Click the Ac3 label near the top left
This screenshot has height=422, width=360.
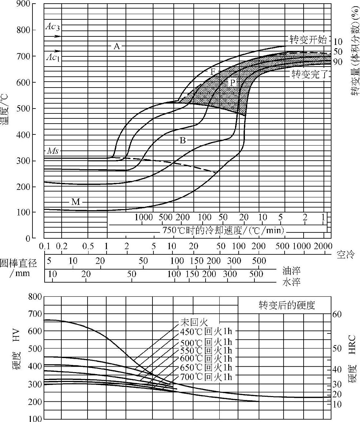(52, 27)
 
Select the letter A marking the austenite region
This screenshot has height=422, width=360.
(117, 47)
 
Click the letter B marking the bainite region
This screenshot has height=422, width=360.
(183, 141)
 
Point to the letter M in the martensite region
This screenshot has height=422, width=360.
(75, 202)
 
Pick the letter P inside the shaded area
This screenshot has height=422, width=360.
(232, 82)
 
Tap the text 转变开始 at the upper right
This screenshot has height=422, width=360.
(308, 40)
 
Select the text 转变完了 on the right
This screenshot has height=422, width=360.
(310, 75)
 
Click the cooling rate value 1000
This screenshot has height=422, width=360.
(144, 217)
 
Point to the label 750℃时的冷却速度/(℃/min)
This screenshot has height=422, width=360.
(223, 230)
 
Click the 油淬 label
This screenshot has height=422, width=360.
(291, 271)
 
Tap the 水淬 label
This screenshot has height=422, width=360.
(291, 282)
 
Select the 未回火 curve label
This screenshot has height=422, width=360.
(194, 322)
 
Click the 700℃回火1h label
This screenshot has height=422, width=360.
(206, 377)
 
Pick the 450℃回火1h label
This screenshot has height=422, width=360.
(206, 331)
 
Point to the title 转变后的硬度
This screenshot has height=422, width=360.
(287, 306)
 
